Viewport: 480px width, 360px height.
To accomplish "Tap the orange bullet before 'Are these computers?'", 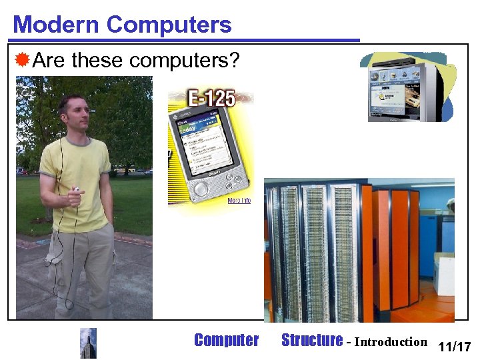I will [23, 61].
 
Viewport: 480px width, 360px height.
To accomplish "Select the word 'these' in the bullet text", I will [98, 61].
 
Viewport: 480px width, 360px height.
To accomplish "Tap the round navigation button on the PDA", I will [201, 189].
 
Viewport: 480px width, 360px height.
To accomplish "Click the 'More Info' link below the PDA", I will [239, 201].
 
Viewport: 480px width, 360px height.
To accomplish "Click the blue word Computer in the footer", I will [226, 341].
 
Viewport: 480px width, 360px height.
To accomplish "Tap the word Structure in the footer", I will [311, 341].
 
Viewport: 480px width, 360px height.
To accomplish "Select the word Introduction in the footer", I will [390, 342].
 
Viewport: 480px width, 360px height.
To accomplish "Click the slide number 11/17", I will [455, 347].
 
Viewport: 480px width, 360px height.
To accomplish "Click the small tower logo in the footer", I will [88, 343].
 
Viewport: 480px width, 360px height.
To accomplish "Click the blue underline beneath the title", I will [187, 40].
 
